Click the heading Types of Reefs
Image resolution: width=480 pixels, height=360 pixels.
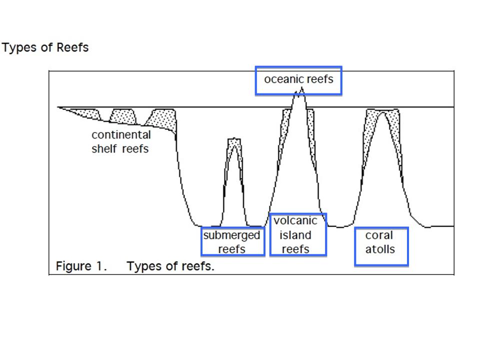click(45, 48)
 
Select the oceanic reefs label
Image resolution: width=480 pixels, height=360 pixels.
click(298, 79)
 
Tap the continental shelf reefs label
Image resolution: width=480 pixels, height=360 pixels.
click(120, 141)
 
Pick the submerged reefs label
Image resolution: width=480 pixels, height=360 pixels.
click(232, 242)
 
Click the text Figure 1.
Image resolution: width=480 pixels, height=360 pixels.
click(81, 266)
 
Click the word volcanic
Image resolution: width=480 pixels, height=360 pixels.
click(296, 221)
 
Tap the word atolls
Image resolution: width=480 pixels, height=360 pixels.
click(380, 249)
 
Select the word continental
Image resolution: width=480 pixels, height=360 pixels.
click(121, 135)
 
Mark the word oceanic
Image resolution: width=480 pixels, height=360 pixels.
click(281, 79)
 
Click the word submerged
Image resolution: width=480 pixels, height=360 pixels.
click(232, 235)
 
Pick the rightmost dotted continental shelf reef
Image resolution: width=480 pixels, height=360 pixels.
click(164, 119)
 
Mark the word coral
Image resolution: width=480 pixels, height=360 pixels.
click(379, 235)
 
